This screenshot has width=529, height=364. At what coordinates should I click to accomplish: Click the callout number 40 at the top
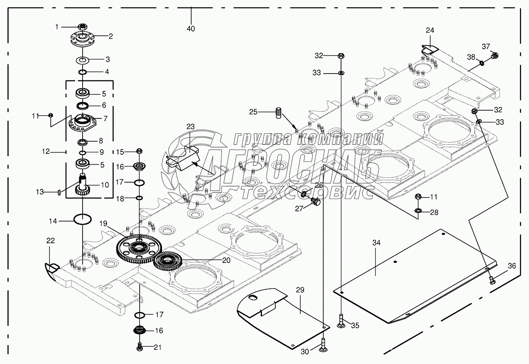click(191, 29)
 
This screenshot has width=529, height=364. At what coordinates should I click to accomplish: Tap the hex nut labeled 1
click(83, 27)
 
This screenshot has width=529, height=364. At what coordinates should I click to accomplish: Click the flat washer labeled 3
click(83, 60)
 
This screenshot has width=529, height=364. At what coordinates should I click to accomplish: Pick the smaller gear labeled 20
click(167, 260)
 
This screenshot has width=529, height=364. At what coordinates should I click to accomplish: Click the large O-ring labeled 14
click(83, 219)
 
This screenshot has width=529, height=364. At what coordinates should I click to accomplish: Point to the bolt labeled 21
click(139, 347)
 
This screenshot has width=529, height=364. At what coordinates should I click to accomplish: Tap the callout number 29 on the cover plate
click(300, 290)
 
